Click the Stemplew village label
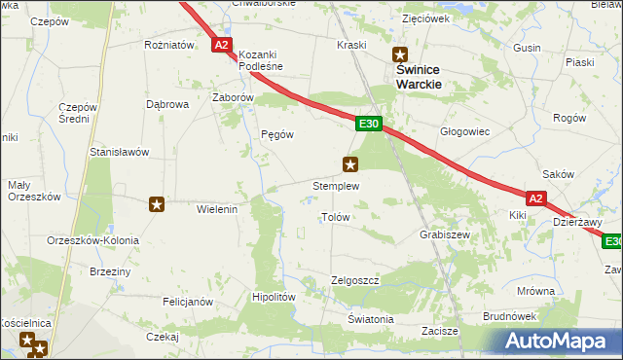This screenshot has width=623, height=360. [336, 185]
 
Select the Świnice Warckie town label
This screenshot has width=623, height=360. [419, 78]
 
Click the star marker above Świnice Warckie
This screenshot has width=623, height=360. [399, 55]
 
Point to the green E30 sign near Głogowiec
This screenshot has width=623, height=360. [368, 125]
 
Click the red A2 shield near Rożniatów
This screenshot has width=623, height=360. [222, 45]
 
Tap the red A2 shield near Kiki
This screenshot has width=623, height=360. [537, 197]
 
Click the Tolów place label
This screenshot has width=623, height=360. [335, 217]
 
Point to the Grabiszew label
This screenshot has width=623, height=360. [445, 235]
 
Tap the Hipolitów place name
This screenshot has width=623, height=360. [274, 298]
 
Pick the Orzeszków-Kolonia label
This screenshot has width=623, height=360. [92, 240]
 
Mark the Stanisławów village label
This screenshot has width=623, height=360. [119, 152]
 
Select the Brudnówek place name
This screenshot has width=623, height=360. [510, 316]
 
